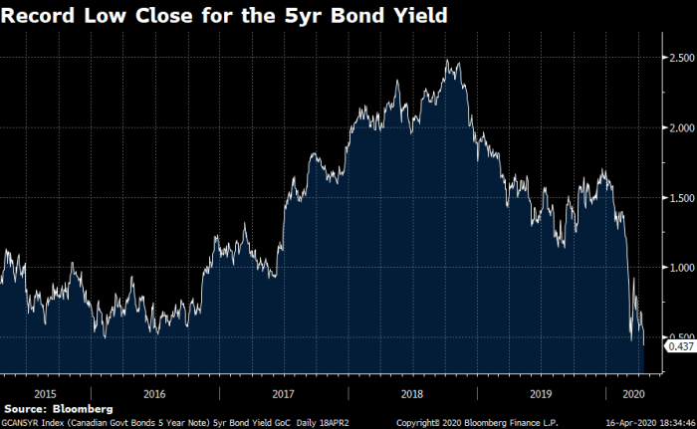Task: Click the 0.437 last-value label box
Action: click(680, 345)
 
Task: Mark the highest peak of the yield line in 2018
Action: click(448, 61)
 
